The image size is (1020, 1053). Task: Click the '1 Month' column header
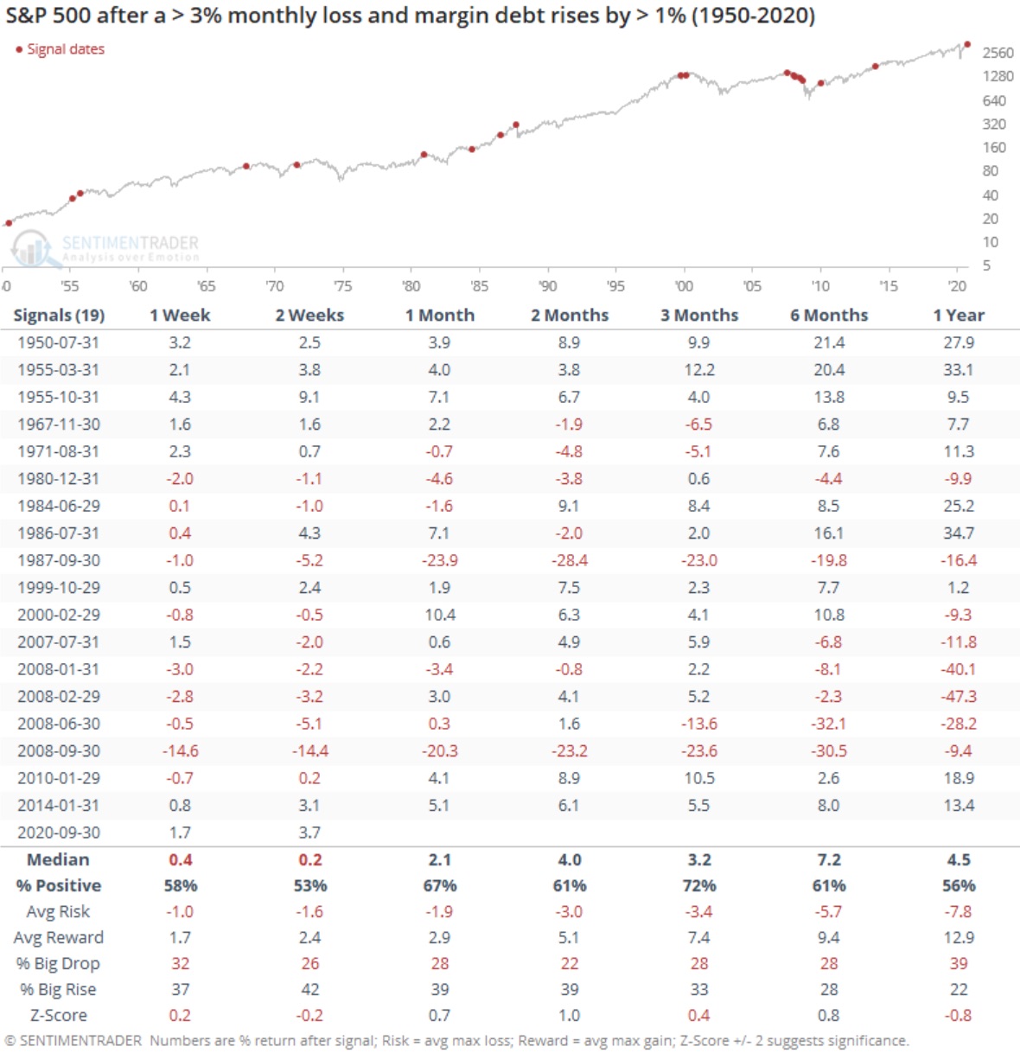[439, 316]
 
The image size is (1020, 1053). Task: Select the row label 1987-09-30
[58, 560]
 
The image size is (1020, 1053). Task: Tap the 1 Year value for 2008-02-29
[959, 696]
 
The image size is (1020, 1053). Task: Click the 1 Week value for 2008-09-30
[180, 750]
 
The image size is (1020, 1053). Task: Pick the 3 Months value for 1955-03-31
[698, 370]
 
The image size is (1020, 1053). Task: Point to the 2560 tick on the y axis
[998, 53]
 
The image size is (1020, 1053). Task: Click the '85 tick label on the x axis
[479, 286]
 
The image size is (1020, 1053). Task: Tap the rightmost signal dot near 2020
[967, 44]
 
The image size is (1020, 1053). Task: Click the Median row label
[58, 859]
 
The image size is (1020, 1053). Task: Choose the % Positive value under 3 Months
[698, 885]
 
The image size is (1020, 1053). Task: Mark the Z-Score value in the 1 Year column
[959, 1015]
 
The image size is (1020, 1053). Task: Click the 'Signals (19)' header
[58, 316]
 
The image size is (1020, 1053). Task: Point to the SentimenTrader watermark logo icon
[31, 248]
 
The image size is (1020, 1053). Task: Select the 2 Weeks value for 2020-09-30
[309, 833]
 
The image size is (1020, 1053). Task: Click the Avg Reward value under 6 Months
[828, 937]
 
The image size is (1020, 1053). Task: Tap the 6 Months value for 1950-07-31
[828, 342]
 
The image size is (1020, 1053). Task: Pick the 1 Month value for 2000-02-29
[439, 615]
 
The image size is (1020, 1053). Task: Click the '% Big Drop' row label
[58, 963]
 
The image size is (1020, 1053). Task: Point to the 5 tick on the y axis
[986, 265]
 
